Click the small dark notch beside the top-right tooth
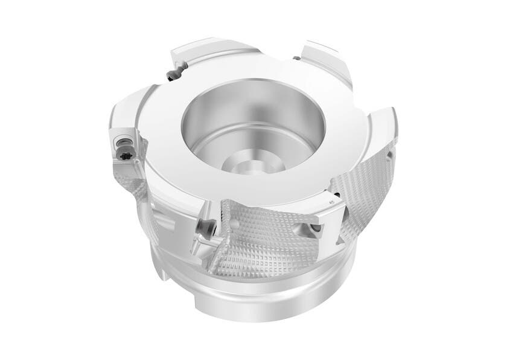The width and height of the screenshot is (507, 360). (x=296, y=57)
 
